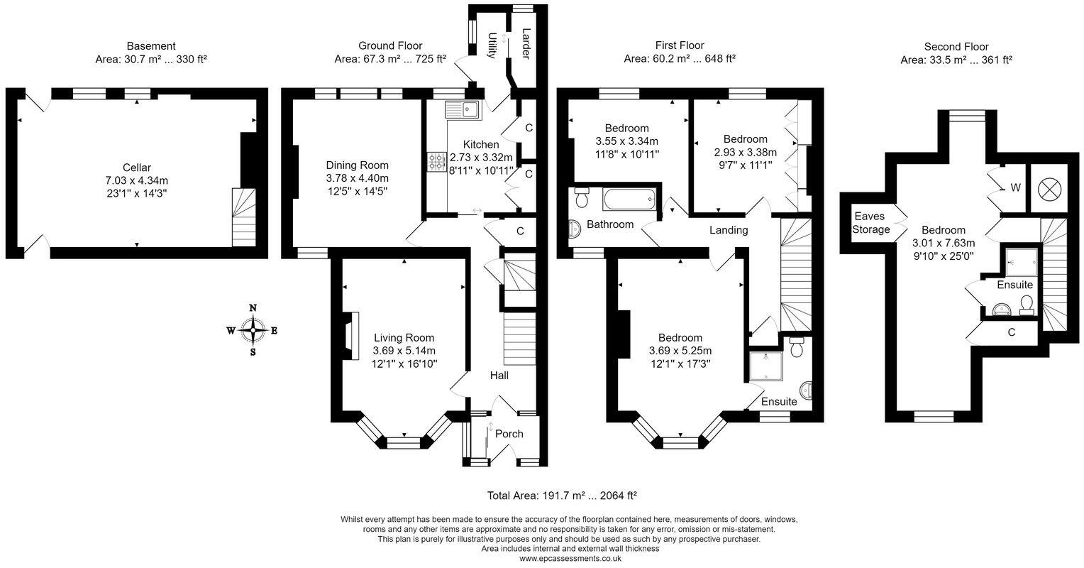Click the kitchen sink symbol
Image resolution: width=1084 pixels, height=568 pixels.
462,110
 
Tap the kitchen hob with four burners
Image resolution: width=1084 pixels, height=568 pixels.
436,161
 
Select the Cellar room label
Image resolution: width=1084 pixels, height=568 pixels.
137,168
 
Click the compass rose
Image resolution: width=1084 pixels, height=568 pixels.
253,331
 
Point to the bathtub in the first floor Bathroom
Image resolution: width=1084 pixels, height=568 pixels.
629,199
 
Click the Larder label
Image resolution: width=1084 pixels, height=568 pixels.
526,43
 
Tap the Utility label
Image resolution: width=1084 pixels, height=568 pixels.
492,45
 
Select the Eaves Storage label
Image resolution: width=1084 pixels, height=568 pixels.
871,223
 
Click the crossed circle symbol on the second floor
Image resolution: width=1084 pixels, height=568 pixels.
1050,188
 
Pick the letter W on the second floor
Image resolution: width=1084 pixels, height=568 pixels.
1015,187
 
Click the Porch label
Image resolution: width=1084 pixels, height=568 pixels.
509,434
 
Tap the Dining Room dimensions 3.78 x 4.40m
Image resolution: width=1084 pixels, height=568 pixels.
357,178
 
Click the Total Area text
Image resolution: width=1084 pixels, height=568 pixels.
561,496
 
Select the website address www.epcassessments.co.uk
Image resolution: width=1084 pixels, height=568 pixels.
570,558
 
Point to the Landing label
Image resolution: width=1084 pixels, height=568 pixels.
729,230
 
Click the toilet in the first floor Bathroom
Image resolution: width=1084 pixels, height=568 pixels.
582,197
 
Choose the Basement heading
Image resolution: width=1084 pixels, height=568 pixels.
151,46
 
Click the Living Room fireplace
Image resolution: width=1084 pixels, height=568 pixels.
351,336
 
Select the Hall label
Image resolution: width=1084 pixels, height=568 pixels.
499,376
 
